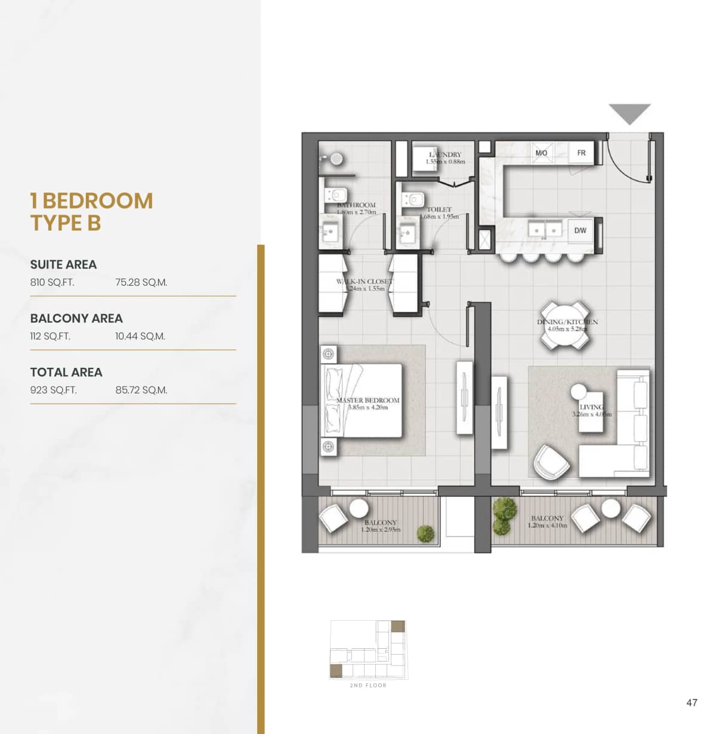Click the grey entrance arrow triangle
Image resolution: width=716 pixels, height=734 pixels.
click(629, 113)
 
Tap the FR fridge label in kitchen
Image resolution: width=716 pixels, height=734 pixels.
click(581, 153)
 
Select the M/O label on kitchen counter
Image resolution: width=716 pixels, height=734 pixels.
click(541, 153)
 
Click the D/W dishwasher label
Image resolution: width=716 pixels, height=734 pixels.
click(580, 230)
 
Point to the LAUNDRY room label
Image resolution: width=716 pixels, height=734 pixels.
click(445, 155)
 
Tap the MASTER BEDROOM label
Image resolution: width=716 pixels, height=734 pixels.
click(368, 400)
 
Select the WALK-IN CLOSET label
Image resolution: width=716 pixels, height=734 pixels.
click(364, 281)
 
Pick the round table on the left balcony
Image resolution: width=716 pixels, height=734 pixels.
click(359, 508)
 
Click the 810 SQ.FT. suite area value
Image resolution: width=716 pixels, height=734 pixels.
click(53, 283)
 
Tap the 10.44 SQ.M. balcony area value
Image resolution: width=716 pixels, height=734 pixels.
click(140, 336)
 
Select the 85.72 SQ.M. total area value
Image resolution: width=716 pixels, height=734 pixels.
click(141, 390)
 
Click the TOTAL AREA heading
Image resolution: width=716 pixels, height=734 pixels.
click(66, 372)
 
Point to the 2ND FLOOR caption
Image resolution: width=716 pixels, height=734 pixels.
click(368, 686)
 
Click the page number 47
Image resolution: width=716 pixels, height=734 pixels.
click(692, 702)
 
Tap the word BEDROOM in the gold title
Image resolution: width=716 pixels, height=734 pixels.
click(98, 201)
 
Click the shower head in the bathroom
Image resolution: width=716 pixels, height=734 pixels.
click(337, 159)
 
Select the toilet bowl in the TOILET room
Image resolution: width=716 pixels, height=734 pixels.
click(413, 200)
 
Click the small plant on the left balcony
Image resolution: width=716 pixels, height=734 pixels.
click(425, 533)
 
